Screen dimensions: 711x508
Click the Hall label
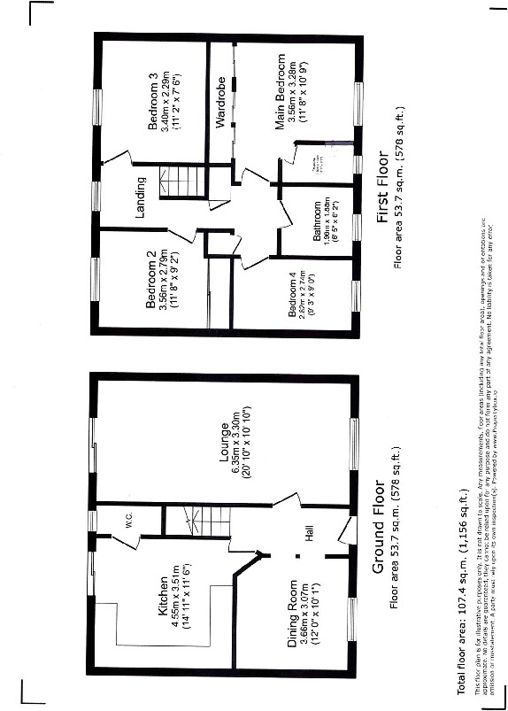coord(310,534)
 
